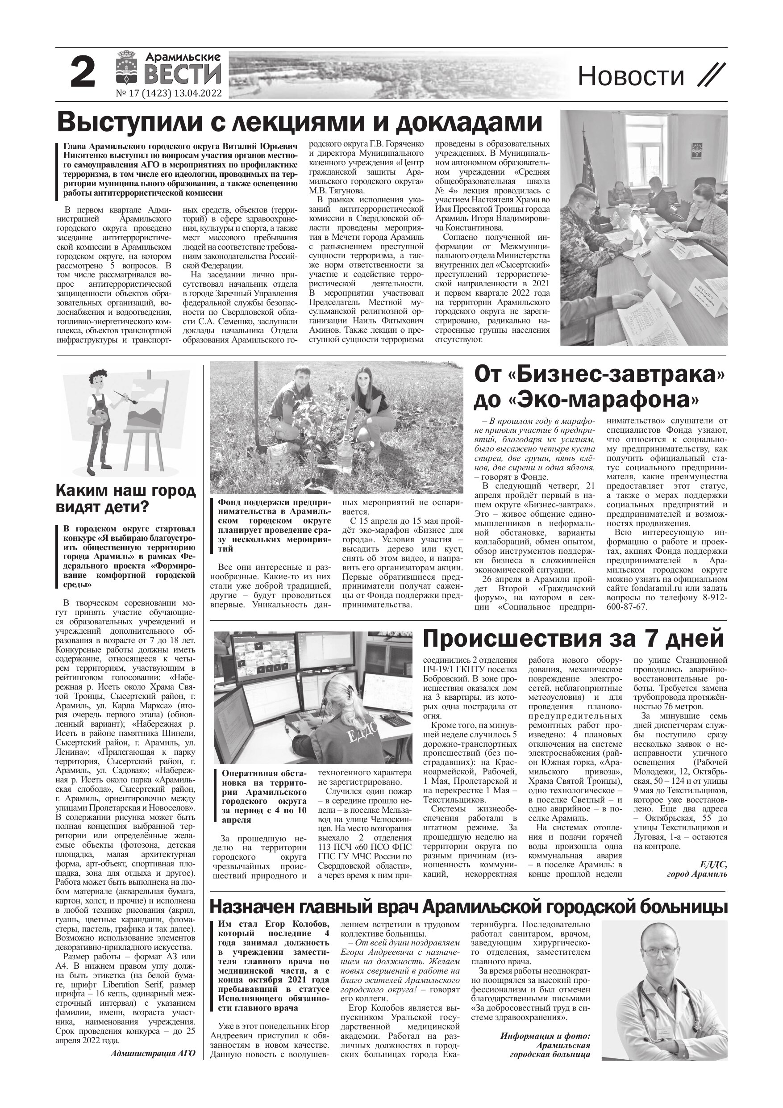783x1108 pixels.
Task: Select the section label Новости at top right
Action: tap(631, 76)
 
